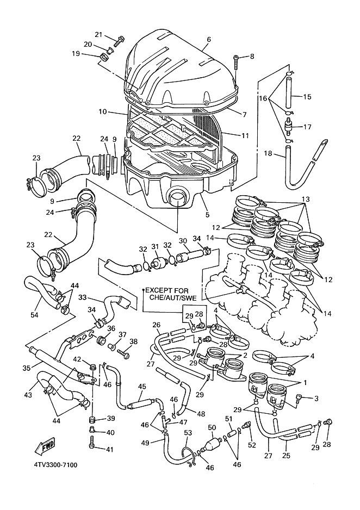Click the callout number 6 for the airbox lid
point(208,40)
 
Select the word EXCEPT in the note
point(160,291)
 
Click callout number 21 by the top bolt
point(98,34)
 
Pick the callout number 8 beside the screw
point(252,56)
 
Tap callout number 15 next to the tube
point(307,97)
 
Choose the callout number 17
point(307,127)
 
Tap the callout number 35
point(26,368)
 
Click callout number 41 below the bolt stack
point(110,449)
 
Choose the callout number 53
point(188,433)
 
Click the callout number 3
point(316,399)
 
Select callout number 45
point(142,387)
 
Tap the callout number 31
point(155,246)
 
